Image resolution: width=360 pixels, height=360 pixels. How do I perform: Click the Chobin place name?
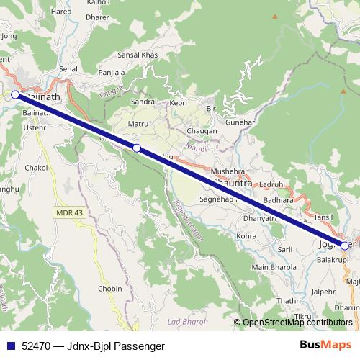(x=110, y=288)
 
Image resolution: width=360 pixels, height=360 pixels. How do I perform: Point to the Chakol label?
(x=36, y=167)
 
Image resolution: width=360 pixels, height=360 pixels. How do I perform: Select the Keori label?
(x=179, y=103)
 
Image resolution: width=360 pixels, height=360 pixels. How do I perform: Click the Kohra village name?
(x=246, y=235)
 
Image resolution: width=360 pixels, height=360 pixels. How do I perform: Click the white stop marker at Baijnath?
(x=15, y=94)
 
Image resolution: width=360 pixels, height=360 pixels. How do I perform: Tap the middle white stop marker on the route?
(x=137, y=148)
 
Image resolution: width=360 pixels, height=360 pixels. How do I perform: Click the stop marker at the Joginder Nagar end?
(x=345, y=246)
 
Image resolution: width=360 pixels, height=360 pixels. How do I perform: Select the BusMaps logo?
(x=325, y=345)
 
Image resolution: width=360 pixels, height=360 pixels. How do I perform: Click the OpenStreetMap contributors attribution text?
(x=297, y=323)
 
